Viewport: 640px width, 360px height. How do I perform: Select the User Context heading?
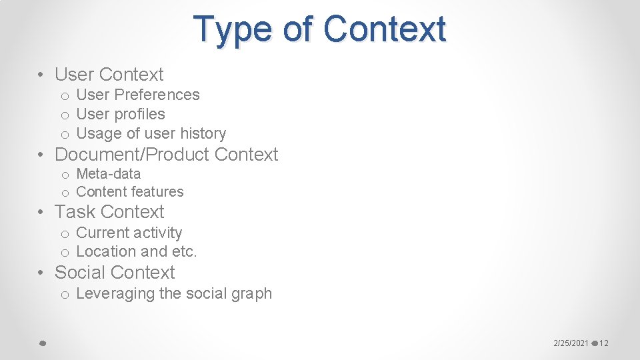coord(109,74)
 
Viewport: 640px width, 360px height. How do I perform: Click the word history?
coord(203,133)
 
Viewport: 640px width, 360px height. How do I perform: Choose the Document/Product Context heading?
coord(166,155)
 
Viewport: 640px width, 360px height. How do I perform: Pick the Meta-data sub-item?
coord(108,174)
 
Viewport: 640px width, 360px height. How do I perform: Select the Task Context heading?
coord(109,212)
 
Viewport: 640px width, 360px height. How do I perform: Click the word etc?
coord(184,251)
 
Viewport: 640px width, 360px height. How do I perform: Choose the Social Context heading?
coord(115,273)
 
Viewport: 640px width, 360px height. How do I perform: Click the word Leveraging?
coord(116,293)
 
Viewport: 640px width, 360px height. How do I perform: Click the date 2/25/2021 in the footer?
coord(571,343)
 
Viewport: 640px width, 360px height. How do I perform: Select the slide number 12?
coord(604,343)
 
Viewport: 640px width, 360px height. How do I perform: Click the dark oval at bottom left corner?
coord(41,343)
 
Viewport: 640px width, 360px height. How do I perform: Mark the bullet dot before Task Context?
coord(42,213)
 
